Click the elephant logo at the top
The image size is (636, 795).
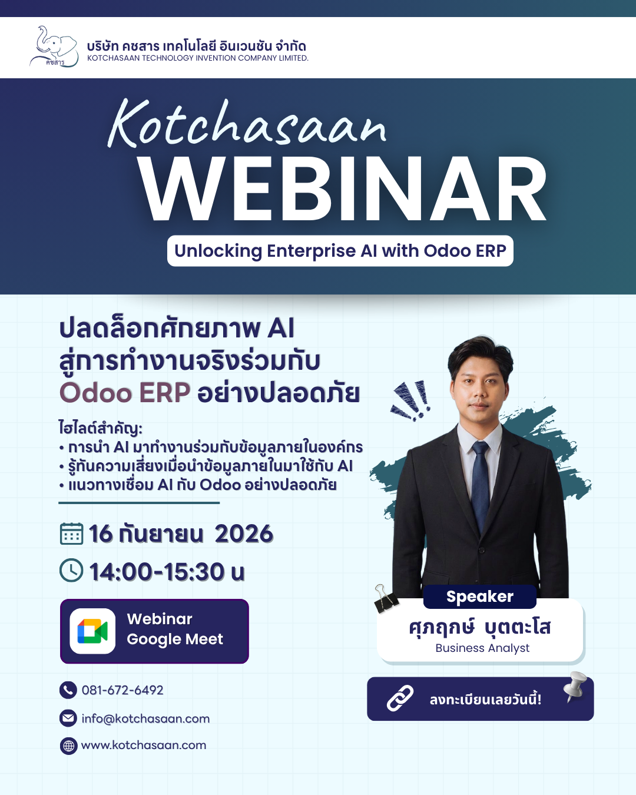[54, 47]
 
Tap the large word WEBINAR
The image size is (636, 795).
[343, 188]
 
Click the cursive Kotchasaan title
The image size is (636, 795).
[247, 124]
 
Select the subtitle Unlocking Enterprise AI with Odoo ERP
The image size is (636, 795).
[340, 251]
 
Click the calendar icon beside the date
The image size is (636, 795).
[71, 534]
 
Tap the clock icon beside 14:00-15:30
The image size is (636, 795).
[71, 571]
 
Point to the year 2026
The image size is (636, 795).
[244, 534]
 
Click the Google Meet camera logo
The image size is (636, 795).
[92, 631]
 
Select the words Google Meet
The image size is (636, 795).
[175, 640]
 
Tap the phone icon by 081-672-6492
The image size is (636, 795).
[68, 690]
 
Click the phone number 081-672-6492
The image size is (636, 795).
[122, 690]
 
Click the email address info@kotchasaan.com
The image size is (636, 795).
[145, 718]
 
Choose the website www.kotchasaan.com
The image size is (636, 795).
[143, 745]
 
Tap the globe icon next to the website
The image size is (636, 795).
[68, 746]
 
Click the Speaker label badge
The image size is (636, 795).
[480, 597]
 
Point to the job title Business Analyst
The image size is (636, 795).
[482, 648]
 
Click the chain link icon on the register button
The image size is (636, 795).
[400, 698]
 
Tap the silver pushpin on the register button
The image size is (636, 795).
[575, 687]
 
